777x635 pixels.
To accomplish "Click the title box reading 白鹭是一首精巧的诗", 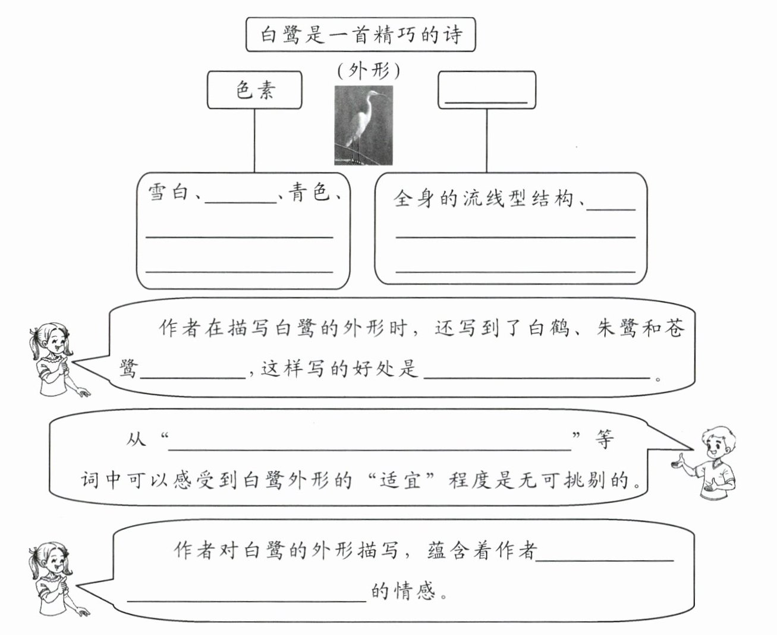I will pos(361,35).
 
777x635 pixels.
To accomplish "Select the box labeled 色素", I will pos(254,90).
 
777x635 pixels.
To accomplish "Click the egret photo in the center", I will pos(363,125).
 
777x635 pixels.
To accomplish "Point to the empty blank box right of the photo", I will pos(487,90).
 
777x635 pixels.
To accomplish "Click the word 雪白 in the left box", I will pos(168,192).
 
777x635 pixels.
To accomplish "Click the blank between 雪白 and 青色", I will pos(241,199).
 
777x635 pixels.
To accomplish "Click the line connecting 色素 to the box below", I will pos(254,141).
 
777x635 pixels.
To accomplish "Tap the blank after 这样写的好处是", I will pos(538,373).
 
